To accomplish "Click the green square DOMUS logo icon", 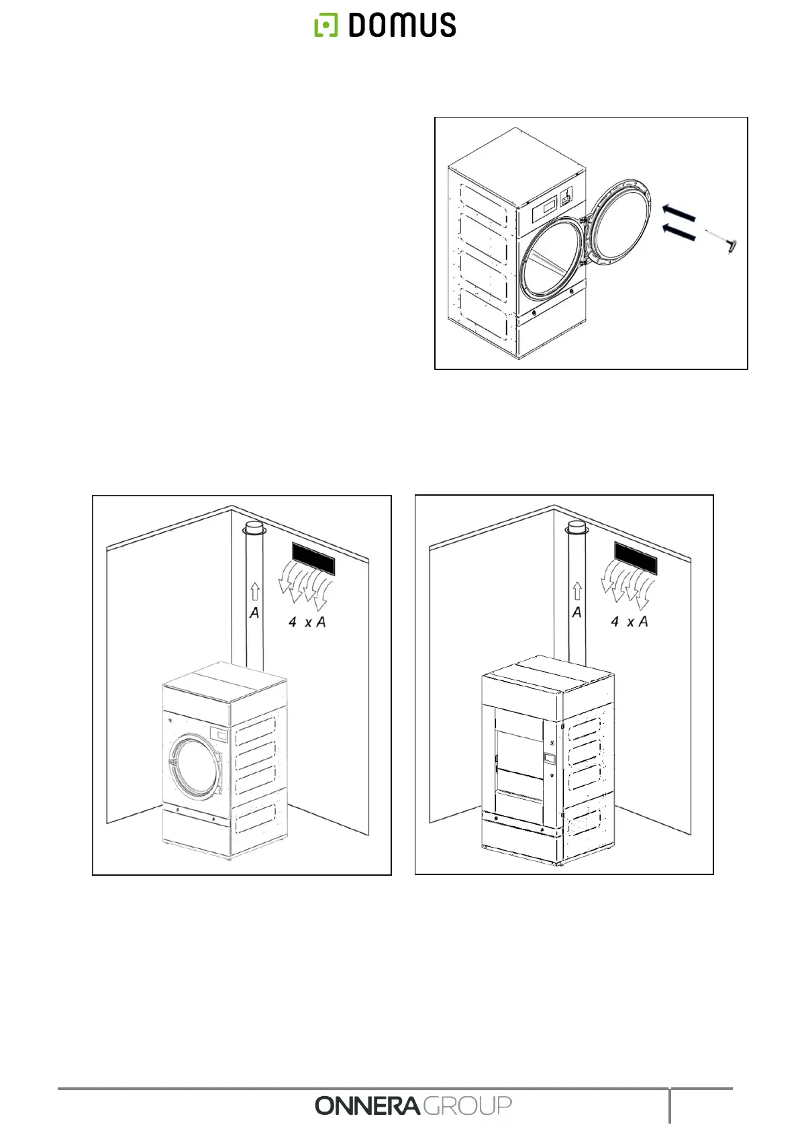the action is pyautogui.click(x=326, y=26).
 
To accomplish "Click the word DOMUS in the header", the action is pyautogui.click(x=402, y=26).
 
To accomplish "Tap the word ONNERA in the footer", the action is pyautogui.click(x=368, y=1105).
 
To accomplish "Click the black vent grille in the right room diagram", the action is pyautogui.click(x=635, y=558).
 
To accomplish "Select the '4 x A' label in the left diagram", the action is pyautogui.click(x=307, y=623).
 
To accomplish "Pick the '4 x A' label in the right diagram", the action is pyautogui.click(x=630, y=622).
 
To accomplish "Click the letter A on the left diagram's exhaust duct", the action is pyautogui.click(x=254, y=613).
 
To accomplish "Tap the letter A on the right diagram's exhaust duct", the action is pyautogui.click(x=577, y=613).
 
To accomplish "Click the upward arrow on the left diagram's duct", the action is pyautogui.click(x=254, y=592).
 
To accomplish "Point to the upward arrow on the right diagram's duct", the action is pyautogui.click(x=577, y=591).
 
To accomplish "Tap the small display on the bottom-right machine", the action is pyautogui.click(x=550, y=758).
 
